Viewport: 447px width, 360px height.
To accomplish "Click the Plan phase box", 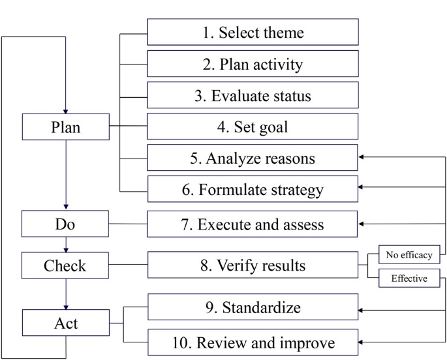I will click(x=66, y=127).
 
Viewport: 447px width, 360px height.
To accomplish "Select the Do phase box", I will click(x=66, y=224).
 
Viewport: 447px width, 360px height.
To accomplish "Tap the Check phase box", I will click(x=66, y=265).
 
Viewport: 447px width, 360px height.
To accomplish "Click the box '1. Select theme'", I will click(x=253, y=31).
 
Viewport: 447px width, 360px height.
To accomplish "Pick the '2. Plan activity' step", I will click(x=253, y=64).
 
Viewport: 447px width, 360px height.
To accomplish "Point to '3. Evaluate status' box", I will click(x=253, y=95).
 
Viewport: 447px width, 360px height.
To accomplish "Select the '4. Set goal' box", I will click(x=253, y=127).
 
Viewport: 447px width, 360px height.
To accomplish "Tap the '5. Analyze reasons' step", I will click(x=253, y=158).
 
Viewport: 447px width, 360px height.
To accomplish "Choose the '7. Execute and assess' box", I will click(x=253, y=224).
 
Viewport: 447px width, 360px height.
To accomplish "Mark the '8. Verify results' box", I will click(x=253, y=265).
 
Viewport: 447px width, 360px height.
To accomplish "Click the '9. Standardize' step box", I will click(x=253, y=307).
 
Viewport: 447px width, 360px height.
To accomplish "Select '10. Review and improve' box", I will click(x=253, y=342).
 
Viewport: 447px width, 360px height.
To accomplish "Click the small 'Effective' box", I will click(x=409, y=278).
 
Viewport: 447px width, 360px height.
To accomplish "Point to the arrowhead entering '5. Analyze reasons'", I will click(x=363, y=158).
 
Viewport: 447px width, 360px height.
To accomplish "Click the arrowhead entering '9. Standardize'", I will click(x=363, y=310).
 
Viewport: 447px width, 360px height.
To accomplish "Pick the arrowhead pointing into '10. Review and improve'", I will click(x=363, y=342).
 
